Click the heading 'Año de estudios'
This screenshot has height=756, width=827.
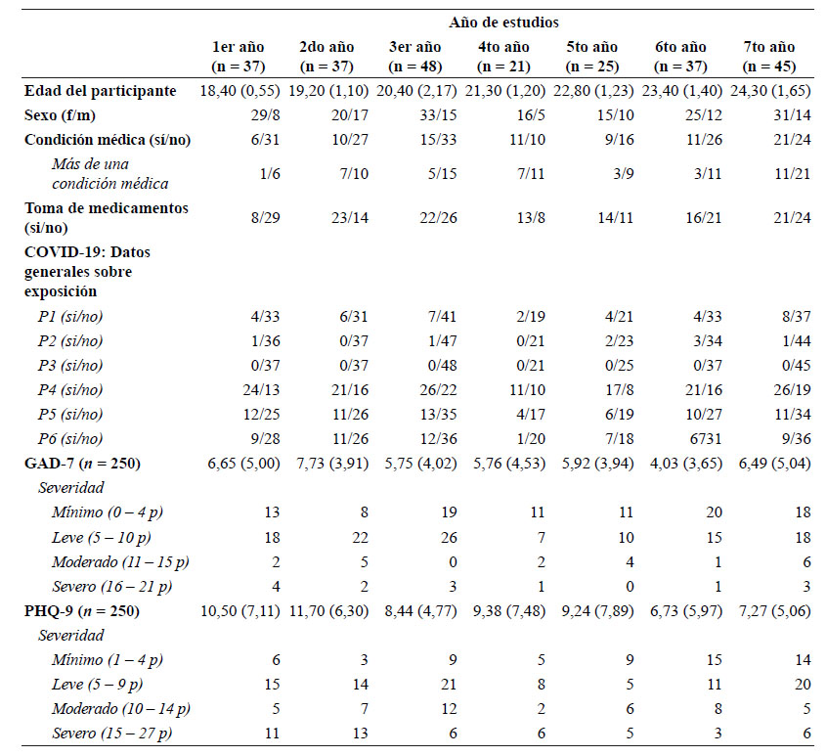coord(503,22)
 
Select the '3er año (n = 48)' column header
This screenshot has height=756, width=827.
coord(415,57)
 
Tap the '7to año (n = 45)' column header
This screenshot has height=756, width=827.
coord(769,57)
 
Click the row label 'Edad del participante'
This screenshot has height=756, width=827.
coord(101,91)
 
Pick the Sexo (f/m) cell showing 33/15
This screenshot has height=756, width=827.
coord(438,115)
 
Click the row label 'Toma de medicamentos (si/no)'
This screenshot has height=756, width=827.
coord(106,218)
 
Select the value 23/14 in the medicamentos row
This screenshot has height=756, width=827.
coord(350,218)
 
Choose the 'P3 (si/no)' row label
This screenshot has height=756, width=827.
coord(70,366)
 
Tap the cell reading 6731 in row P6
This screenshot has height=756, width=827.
coord(704,439)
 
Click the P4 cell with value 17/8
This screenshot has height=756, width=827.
coord(619,390)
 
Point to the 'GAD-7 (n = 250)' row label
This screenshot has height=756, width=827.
coord(82,464)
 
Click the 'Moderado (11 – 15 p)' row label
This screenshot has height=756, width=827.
coord(120,562)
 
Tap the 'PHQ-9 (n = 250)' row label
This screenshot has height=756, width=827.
coord(82,611)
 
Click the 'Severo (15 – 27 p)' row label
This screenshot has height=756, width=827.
coord(111,734)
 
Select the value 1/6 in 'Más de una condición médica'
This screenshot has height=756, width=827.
coord(270,173)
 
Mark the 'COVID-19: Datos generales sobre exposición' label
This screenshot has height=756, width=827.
coord(87,272)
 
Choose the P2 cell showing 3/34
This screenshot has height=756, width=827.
coord(708,340)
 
